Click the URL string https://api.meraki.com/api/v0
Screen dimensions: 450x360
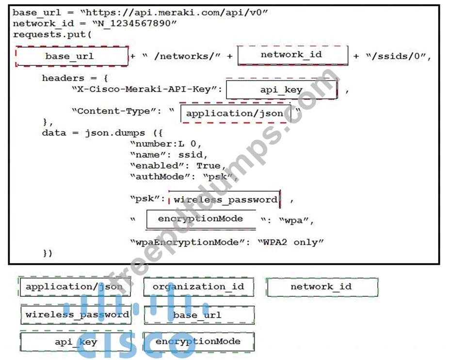(x=174, y=12)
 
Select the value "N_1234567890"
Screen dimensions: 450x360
(x=134, y=23)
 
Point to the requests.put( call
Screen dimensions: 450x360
(x=52, y=34)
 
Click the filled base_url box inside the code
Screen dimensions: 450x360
(x=72, y=56)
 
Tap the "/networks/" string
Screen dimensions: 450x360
(x=181, y=56)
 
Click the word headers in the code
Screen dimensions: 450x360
(x=63, y=78)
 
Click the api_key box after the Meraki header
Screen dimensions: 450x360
(x=282, y=90)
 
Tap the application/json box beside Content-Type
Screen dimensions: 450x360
(x=235, y=114)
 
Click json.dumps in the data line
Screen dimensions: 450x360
(x=115, y=133)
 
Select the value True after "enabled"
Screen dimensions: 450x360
(x=209, y=165)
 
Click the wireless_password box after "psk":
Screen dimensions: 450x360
(x=225, y=199)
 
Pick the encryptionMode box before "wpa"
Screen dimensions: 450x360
(x=201, y=219)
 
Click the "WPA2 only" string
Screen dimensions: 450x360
(x=290, y=242)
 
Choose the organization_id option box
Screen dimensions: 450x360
(x=199, y=287)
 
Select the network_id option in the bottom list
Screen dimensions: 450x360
(x=322, y=287)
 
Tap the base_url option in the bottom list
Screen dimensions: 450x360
(x=199, y=315)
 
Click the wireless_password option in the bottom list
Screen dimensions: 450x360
(x=76, y=315)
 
